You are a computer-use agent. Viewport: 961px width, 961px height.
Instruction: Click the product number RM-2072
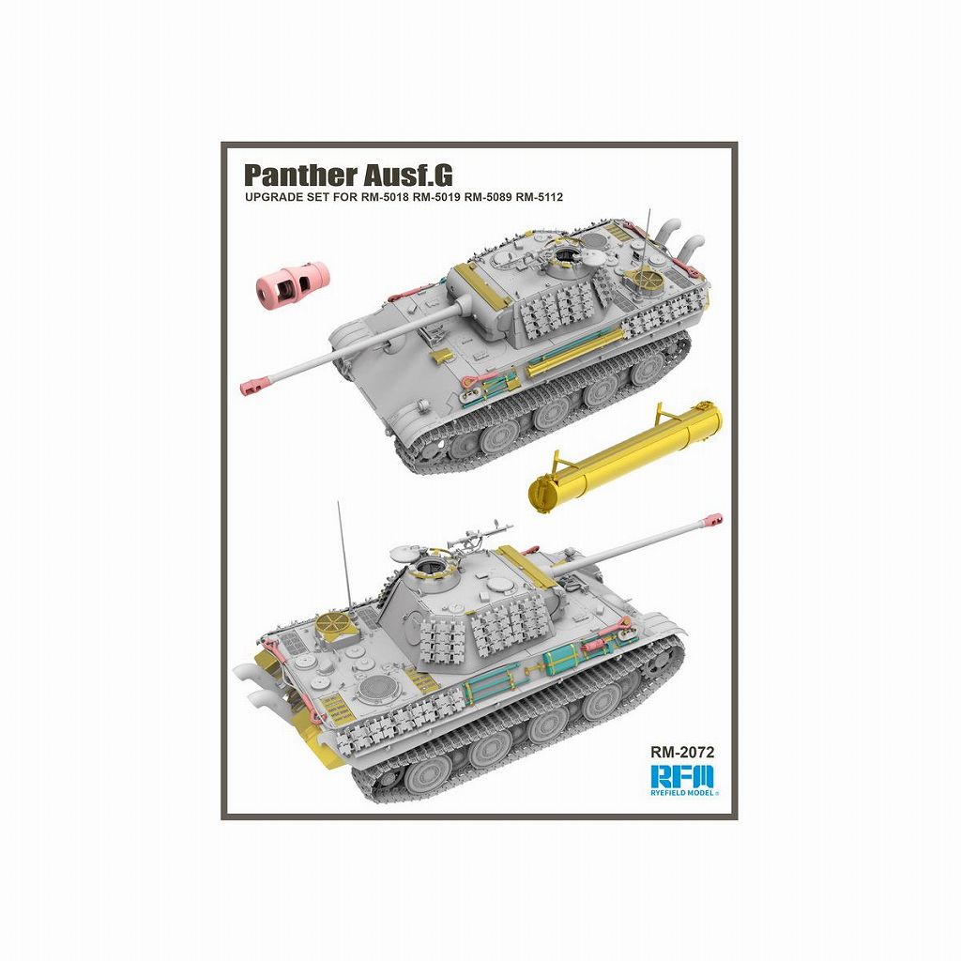point(682,752)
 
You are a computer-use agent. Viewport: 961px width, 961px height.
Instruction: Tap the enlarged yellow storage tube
point(625,455)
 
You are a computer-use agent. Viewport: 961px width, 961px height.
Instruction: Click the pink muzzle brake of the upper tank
point(256,386)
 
